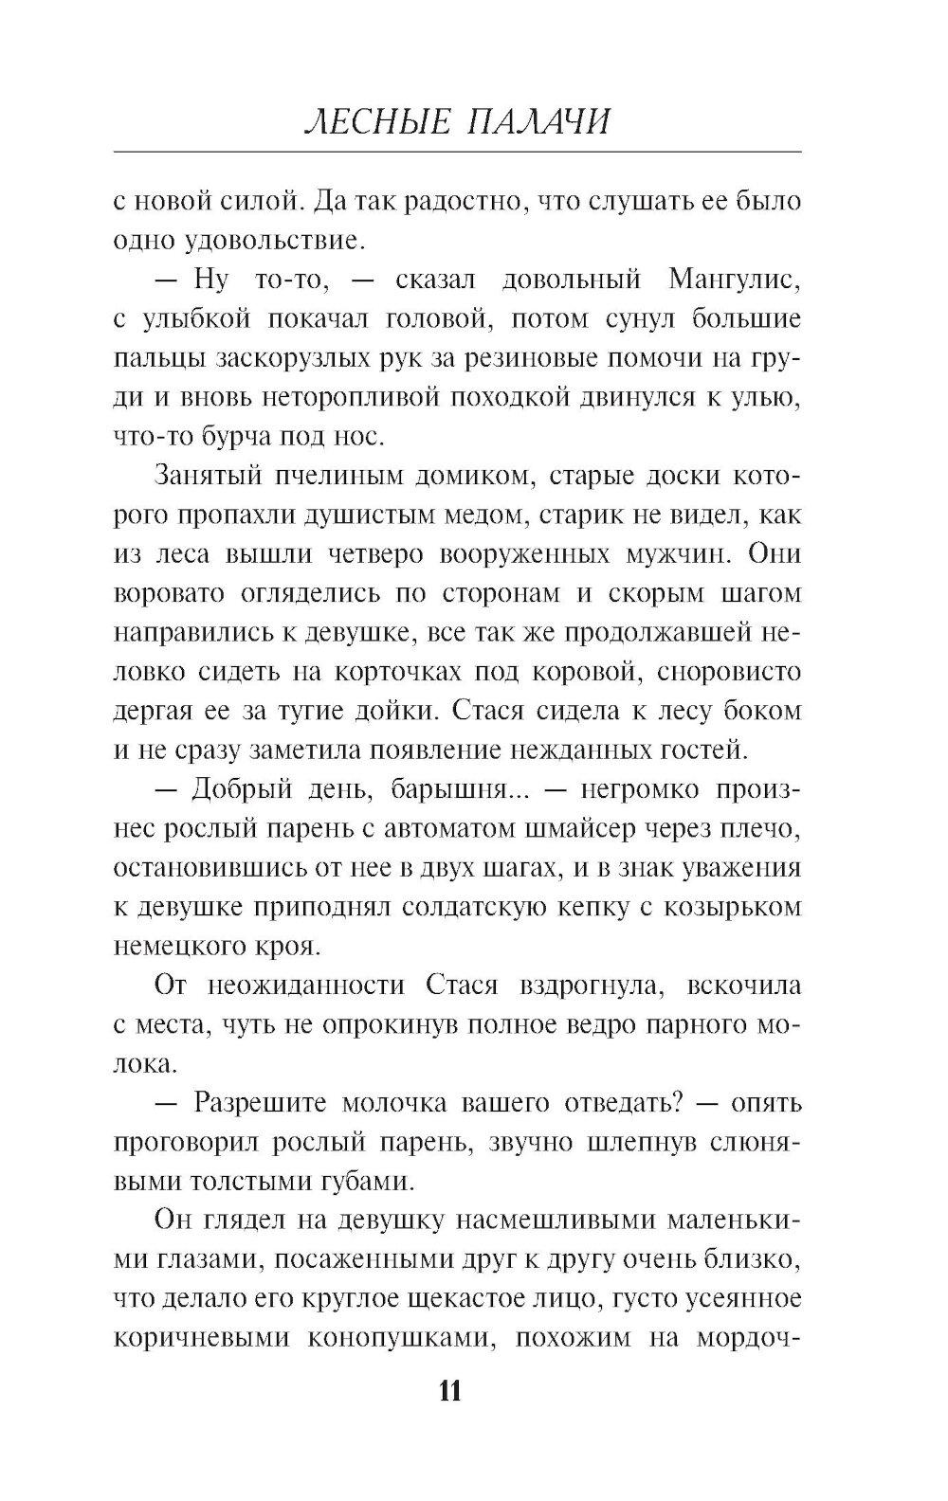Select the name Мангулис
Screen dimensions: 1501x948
(x=735, y=280)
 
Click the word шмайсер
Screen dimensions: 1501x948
(x=578, y=829)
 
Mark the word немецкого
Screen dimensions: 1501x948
(x=181, y=946)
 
